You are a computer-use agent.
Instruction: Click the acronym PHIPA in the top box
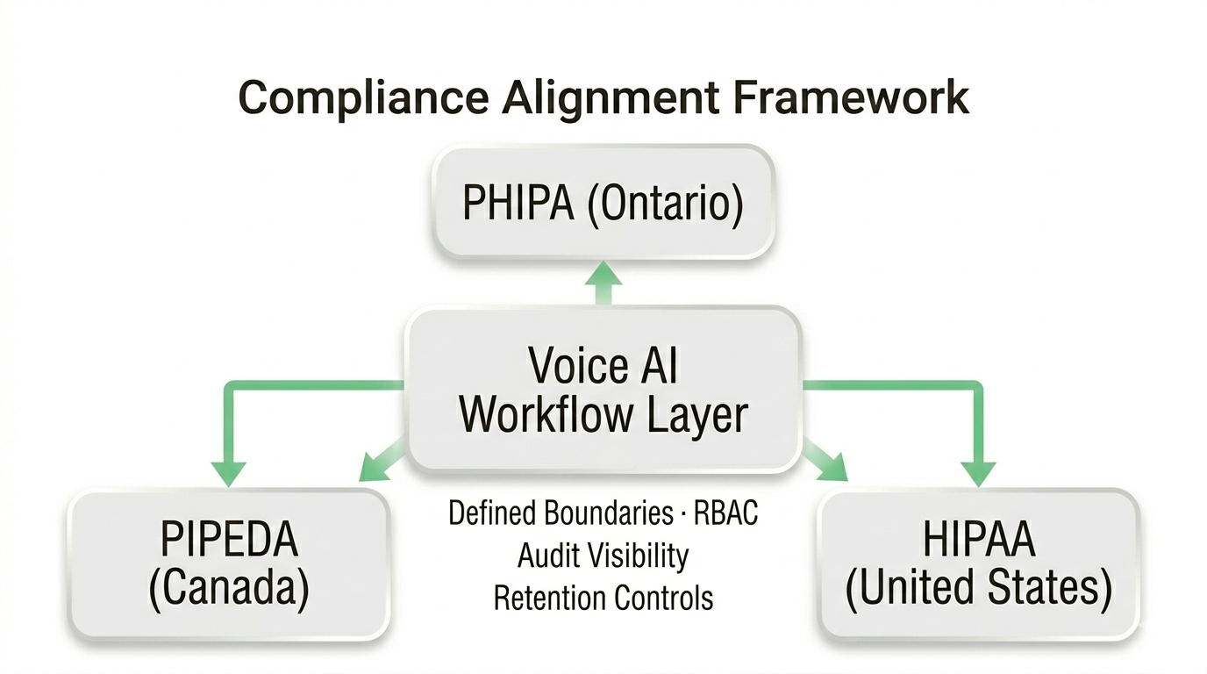click(518, 203)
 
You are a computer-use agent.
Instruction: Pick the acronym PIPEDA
click(229, 541)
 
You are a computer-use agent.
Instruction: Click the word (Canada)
click(229, 590)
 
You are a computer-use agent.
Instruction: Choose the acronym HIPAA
click(978, 541)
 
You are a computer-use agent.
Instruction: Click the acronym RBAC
click(725, 513)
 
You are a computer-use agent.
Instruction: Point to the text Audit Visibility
click(603, 556)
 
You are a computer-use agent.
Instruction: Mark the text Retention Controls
click(603, 599)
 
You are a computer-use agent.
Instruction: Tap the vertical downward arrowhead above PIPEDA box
click(229, 472)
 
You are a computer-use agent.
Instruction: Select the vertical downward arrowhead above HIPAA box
click(978, 472)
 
